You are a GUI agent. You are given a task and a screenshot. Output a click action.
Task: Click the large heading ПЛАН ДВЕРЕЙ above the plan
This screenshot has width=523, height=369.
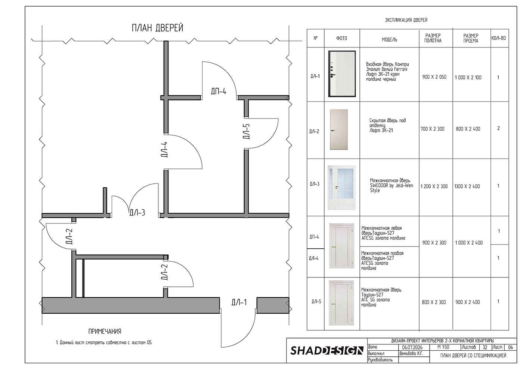[x=157, y=28]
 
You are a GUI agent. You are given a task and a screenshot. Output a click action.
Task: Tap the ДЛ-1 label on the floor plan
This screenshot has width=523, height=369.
[x=239, y=302]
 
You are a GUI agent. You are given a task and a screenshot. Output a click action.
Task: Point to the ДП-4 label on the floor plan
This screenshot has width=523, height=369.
[x=219, y=91]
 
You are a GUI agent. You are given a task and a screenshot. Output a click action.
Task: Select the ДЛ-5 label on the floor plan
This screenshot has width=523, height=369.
[x=246, y=131]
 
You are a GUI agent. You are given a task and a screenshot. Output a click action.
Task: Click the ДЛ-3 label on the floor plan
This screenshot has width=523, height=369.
[x=137, y=213]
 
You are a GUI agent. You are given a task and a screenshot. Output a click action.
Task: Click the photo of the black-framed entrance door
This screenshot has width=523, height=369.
[x=342, y=74]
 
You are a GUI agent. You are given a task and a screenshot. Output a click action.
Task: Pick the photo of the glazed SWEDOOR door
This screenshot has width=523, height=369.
[x=341, y=188]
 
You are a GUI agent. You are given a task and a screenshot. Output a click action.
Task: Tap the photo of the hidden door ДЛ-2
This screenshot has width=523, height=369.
[x=338, y=130]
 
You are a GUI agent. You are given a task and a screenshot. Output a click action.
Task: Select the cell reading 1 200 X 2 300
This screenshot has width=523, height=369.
[x=434, y=187]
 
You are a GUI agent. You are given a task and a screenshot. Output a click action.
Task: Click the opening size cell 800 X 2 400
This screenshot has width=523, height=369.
[x=468, y=129]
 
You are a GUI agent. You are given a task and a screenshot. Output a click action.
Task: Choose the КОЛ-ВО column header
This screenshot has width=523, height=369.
[x=498, y=38]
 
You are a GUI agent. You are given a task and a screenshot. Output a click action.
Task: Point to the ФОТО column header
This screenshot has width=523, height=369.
[x=341, y=39]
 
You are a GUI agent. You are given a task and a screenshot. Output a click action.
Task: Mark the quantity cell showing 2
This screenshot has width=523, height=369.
[x=498, y=128]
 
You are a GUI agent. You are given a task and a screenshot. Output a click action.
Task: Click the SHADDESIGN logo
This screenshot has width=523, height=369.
[x=327, y=351]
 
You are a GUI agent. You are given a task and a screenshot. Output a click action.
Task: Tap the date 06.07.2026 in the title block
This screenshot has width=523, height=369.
[x=412, y=347]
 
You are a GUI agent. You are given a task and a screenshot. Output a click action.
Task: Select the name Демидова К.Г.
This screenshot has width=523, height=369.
[x=411, y=354]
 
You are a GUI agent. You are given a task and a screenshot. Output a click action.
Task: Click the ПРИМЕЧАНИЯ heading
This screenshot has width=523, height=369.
[x=105, y=331]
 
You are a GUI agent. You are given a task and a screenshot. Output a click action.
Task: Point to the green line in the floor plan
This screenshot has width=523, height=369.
[x=83, y=278]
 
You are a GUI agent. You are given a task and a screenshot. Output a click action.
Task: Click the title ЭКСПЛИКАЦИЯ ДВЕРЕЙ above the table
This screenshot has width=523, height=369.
[x=406, y=20]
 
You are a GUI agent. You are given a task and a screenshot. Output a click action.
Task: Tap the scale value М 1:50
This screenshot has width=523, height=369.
[x=443, y=347]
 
